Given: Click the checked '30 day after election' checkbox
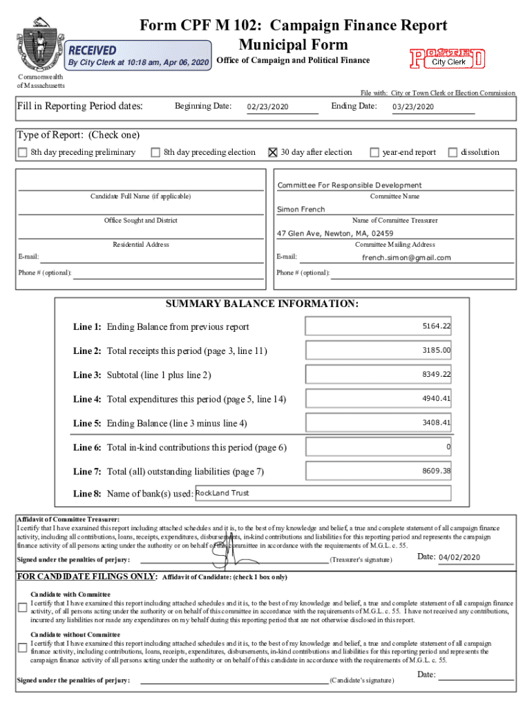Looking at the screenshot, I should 272,153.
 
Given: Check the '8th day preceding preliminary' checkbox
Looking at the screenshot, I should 23,153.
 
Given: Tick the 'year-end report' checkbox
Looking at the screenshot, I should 374,153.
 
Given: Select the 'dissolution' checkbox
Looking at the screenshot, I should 453,153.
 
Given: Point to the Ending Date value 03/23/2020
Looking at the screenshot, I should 412,107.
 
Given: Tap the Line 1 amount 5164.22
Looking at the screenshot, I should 436,326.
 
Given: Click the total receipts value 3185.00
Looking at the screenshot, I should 436,351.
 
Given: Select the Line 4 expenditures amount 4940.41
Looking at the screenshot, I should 436,399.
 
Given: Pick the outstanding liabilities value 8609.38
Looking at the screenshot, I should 436,472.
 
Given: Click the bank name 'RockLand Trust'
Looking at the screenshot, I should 222,493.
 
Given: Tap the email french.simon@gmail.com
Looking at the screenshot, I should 406,258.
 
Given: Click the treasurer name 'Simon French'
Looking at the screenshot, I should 301,209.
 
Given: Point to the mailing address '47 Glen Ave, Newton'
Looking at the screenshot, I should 335,234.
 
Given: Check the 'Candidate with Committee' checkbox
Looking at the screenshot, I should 22,607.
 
